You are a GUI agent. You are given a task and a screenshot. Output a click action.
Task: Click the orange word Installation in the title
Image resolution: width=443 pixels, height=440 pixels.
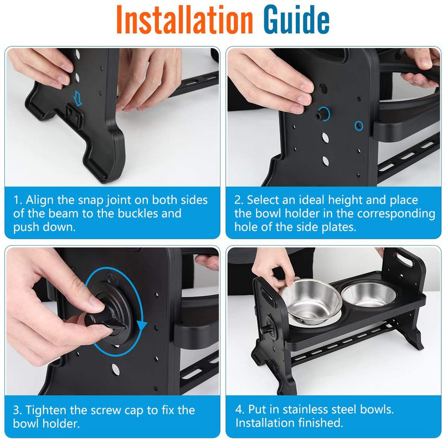(184, 19)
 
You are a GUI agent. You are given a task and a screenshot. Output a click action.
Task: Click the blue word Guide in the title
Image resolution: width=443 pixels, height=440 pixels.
(296, 19)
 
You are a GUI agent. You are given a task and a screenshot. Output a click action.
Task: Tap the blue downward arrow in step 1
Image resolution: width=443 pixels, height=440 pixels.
(77, 98)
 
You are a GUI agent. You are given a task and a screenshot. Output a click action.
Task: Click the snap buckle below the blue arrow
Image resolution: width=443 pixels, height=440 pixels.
(74, 115)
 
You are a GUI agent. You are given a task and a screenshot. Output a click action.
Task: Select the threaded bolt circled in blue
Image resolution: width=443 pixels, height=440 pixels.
(322, 114)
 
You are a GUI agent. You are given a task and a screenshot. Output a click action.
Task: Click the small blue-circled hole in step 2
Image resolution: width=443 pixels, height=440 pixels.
(359, 126)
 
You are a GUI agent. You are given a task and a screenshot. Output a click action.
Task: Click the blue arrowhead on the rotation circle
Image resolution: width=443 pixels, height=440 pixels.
(142, 325)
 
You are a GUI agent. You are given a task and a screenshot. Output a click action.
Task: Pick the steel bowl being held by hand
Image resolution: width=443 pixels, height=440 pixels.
(311, 302)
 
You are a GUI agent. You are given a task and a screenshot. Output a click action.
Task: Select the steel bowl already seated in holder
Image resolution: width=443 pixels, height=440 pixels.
(369, 294)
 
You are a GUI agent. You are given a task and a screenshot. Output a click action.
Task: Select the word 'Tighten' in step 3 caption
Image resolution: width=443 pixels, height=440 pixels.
(46, 410)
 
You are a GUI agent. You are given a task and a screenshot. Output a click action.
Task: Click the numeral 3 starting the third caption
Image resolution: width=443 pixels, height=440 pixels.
(17, 410)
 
